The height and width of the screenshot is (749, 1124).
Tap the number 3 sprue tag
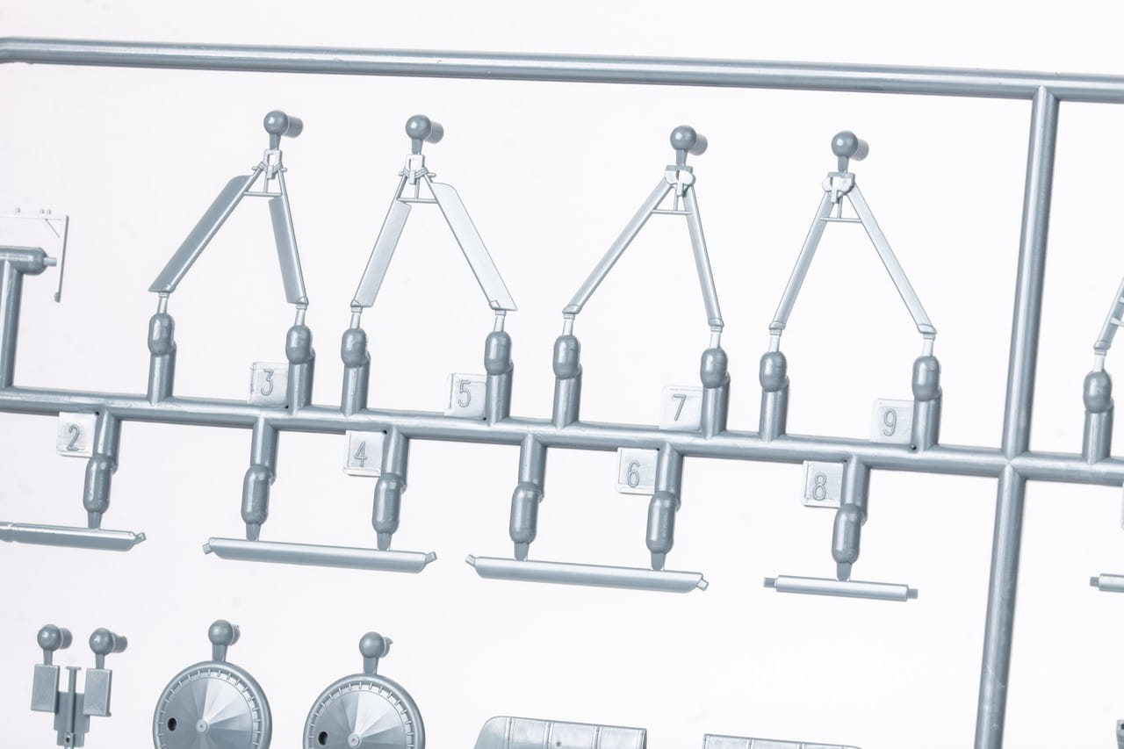tap(269, 384)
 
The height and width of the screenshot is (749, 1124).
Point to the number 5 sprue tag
tap(465, 394)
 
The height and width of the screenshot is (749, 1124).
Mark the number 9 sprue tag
tap(891, 421)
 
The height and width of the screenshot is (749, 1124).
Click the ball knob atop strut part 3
tap(276, 122)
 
